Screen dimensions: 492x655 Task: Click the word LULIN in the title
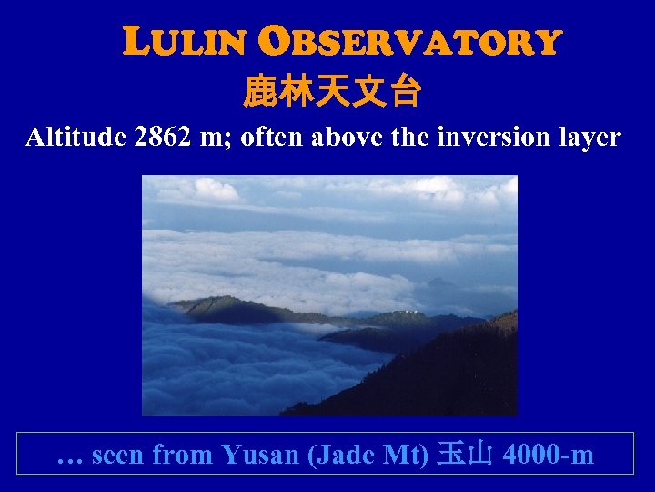184,42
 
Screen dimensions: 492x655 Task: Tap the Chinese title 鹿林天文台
331,91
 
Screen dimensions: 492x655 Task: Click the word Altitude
76,138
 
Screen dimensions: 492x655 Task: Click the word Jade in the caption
344,454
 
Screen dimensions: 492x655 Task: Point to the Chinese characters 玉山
464,454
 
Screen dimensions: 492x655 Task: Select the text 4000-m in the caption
547,454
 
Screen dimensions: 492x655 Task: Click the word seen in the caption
119,454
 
